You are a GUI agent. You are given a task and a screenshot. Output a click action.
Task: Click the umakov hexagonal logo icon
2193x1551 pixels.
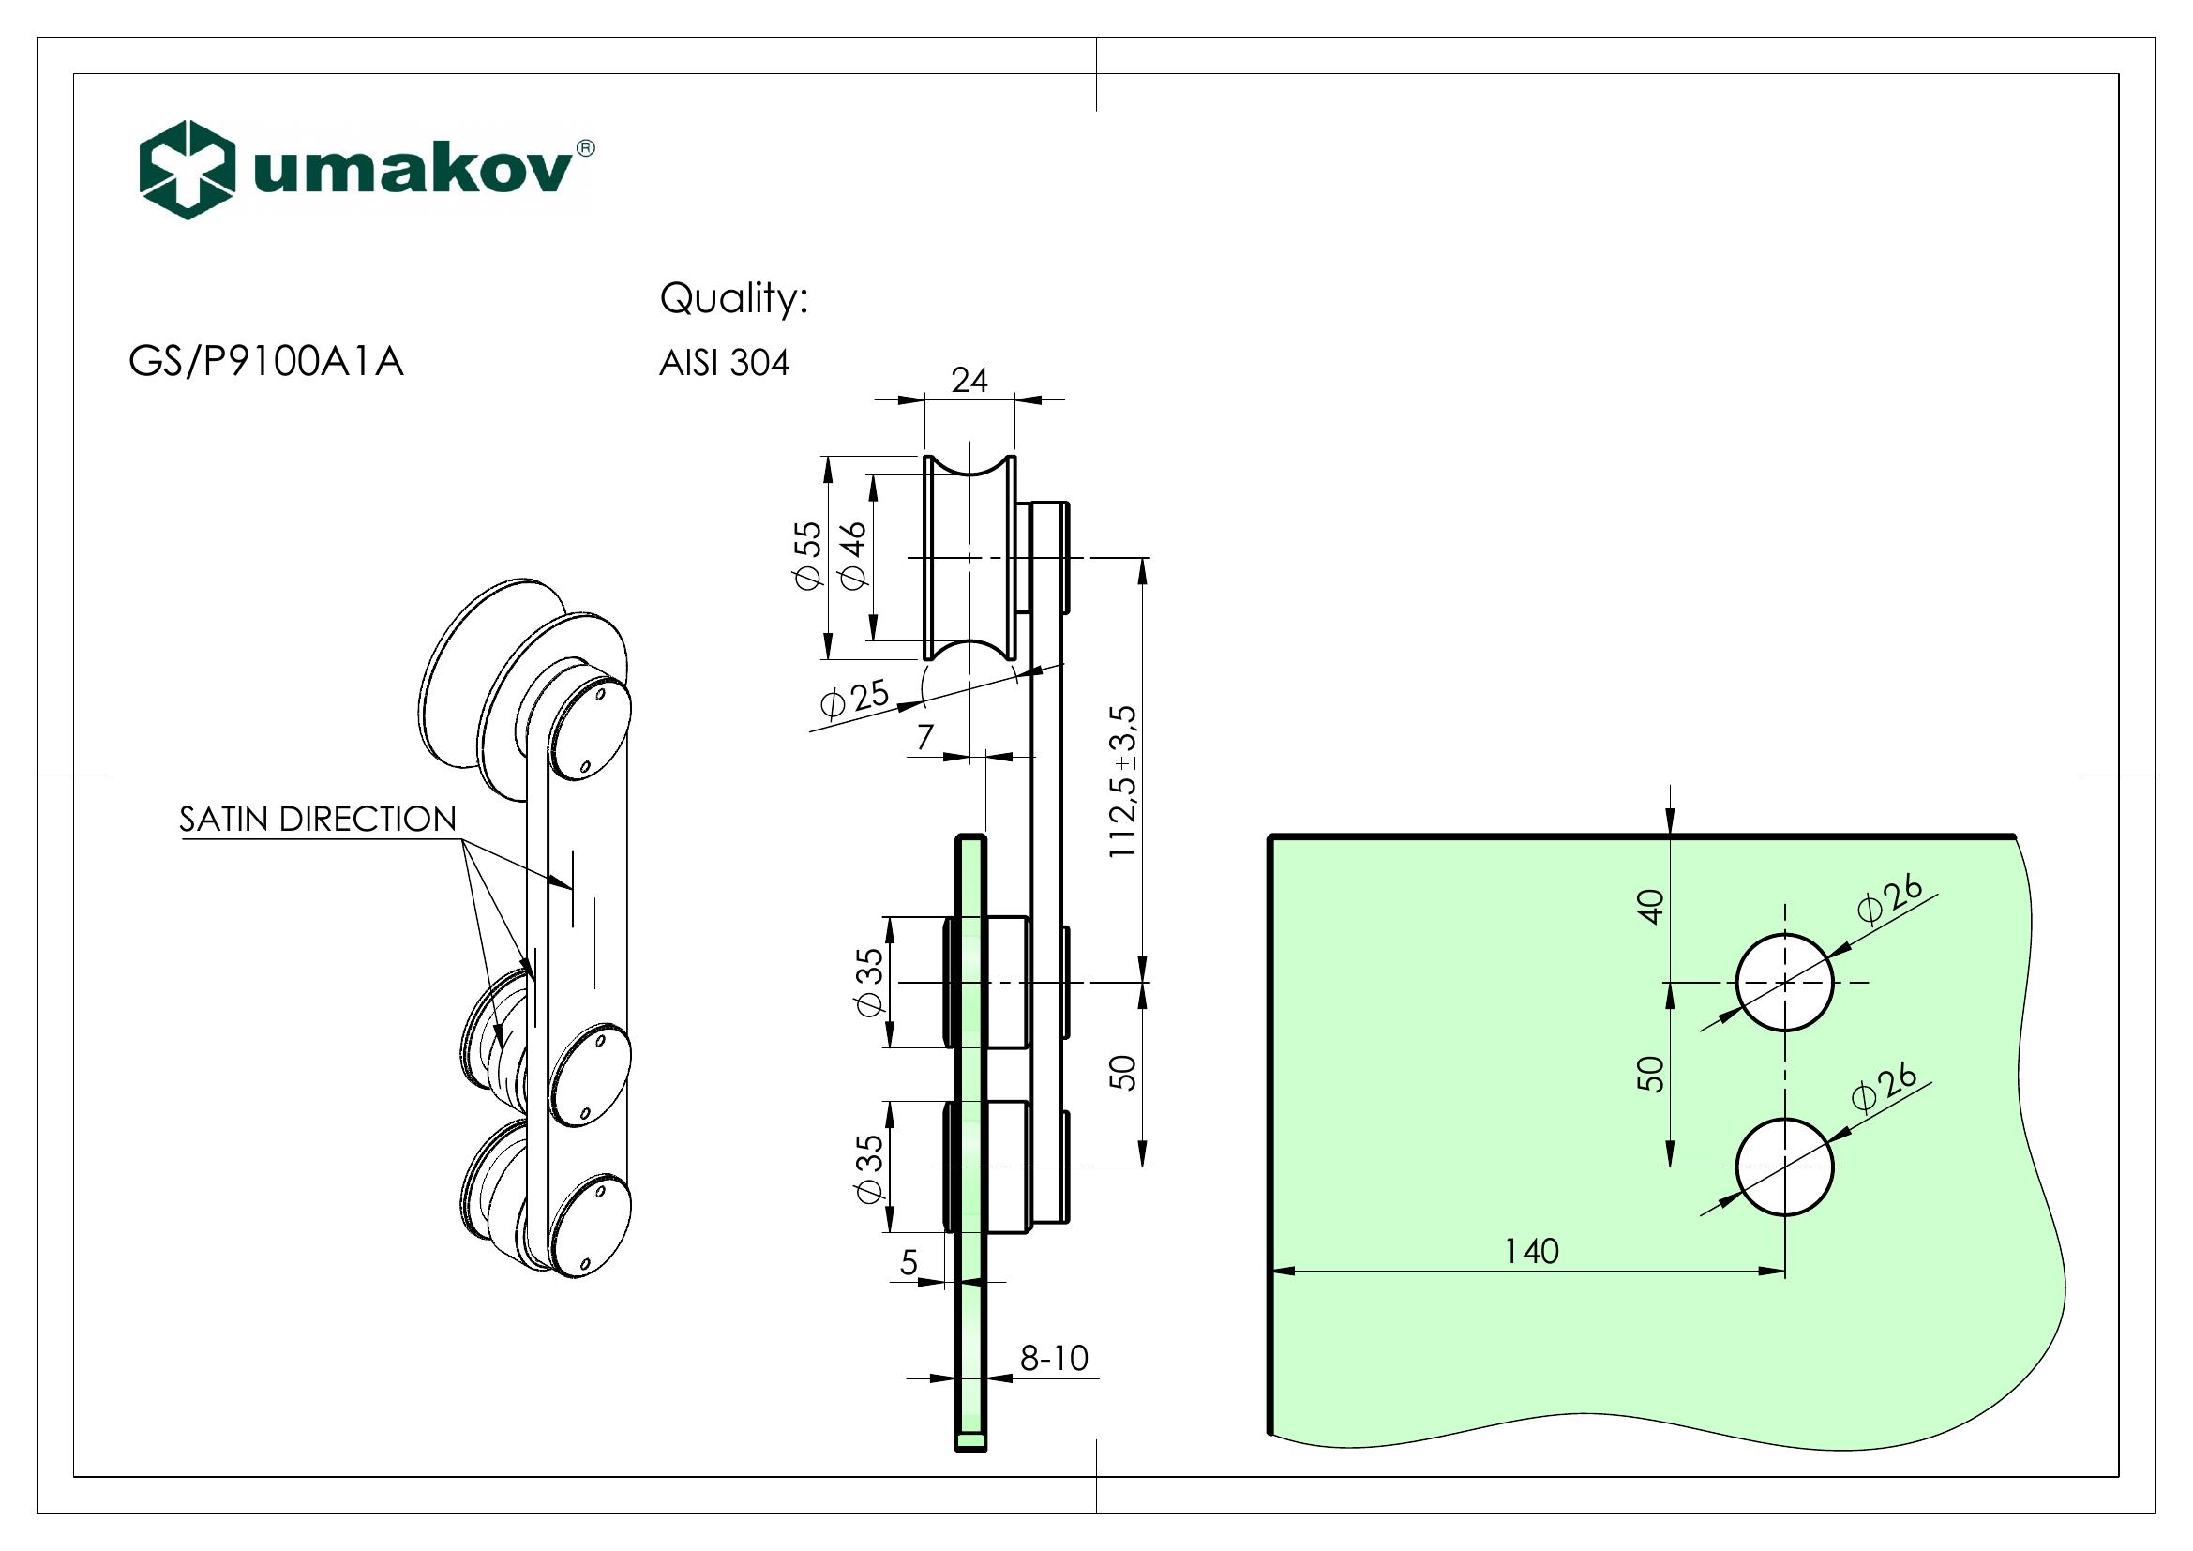187,169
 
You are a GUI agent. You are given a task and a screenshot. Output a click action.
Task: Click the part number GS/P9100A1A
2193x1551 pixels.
265,362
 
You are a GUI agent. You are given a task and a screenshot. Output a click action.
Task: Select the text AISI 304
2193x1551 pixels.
724,363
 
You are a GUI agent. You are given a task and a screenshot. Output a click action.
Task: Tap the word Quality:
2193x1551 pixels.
733,298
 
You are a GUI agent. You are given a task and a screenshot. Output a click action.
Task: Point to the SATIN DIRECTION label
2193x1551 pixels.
317,819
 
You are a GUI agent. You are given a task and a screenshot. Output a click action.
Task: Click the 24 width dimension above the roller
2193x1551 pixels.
969,380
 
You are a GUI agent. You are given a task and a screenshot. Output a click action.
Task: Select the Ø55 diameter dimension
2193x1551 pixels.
808,556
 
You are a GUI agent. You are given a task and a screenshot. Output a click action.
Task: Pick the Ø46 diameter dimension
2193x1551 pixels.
852,556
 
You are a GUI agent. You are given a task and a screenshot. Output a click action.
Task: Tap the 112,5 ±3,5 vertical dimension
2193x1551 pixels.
1123,781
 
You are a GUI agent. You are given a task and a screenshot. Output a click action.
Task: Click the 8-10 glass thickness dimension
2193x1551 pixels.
1054,1357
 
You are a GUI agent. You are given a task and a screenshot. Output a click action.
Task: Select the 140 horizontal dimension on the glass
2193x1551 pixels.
1531,1250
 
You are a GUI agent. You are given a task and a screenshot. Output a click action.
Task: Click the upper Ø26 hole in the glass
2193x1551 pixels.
1784,982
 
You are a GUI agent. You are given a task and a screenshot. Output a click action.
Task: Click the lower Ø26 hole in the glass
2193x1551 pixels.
1784,1167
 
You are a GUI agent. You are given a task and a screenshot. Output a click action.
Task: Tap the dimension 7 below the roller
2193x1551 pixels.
924,737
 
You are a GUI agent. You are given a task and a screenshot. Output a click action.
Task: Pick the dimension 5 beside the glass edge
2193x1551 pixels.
909,1262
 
